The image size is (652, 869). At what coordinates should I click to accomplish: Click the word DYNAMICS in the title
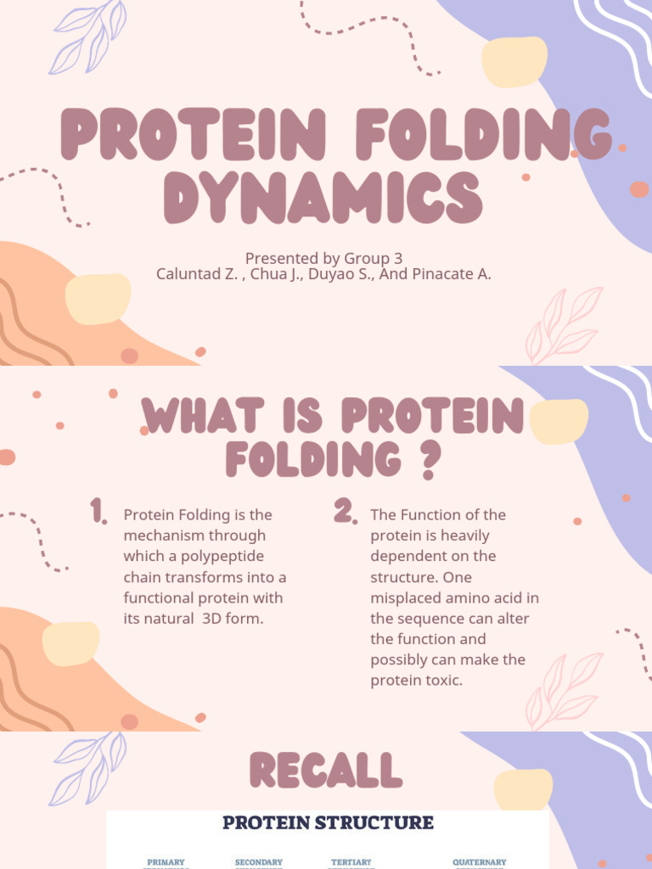click(x=323, y=197)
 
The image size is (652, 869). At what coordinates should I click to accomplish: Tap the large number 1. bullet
click(x=98, y=512)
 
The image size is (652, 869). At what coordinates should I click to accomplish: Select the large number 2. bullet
click(x=344, y=511)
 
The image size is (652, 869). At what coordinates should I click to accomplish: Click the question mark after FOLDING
click(x=431, y=461)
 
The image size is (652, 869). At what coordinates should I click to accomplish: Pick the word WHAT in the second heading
click(x=193, y=418)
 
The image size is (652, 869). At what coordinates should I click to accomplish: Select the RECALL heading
click(x=325, y=771)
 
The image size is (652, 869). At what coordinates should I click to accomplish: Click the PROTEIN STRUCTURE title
click(x=328, y=822)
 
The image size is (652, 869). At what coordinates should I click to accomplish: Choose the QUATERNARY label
click(x=479, y=862)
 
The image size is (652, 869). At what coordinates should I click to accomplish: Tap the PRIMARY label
click(x=166, y=862)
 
